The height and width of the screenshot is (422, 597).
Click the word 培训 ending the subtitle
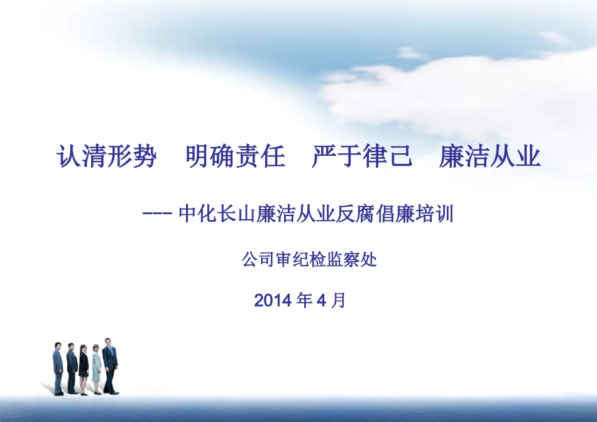pos(439,215)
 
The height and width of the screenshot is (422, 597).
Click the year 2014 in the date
pos(273,301)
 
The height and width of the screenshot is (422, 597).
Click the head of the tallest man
pos(108,342)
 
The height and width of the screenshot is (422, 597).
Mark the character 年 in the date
pos(304,301)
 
